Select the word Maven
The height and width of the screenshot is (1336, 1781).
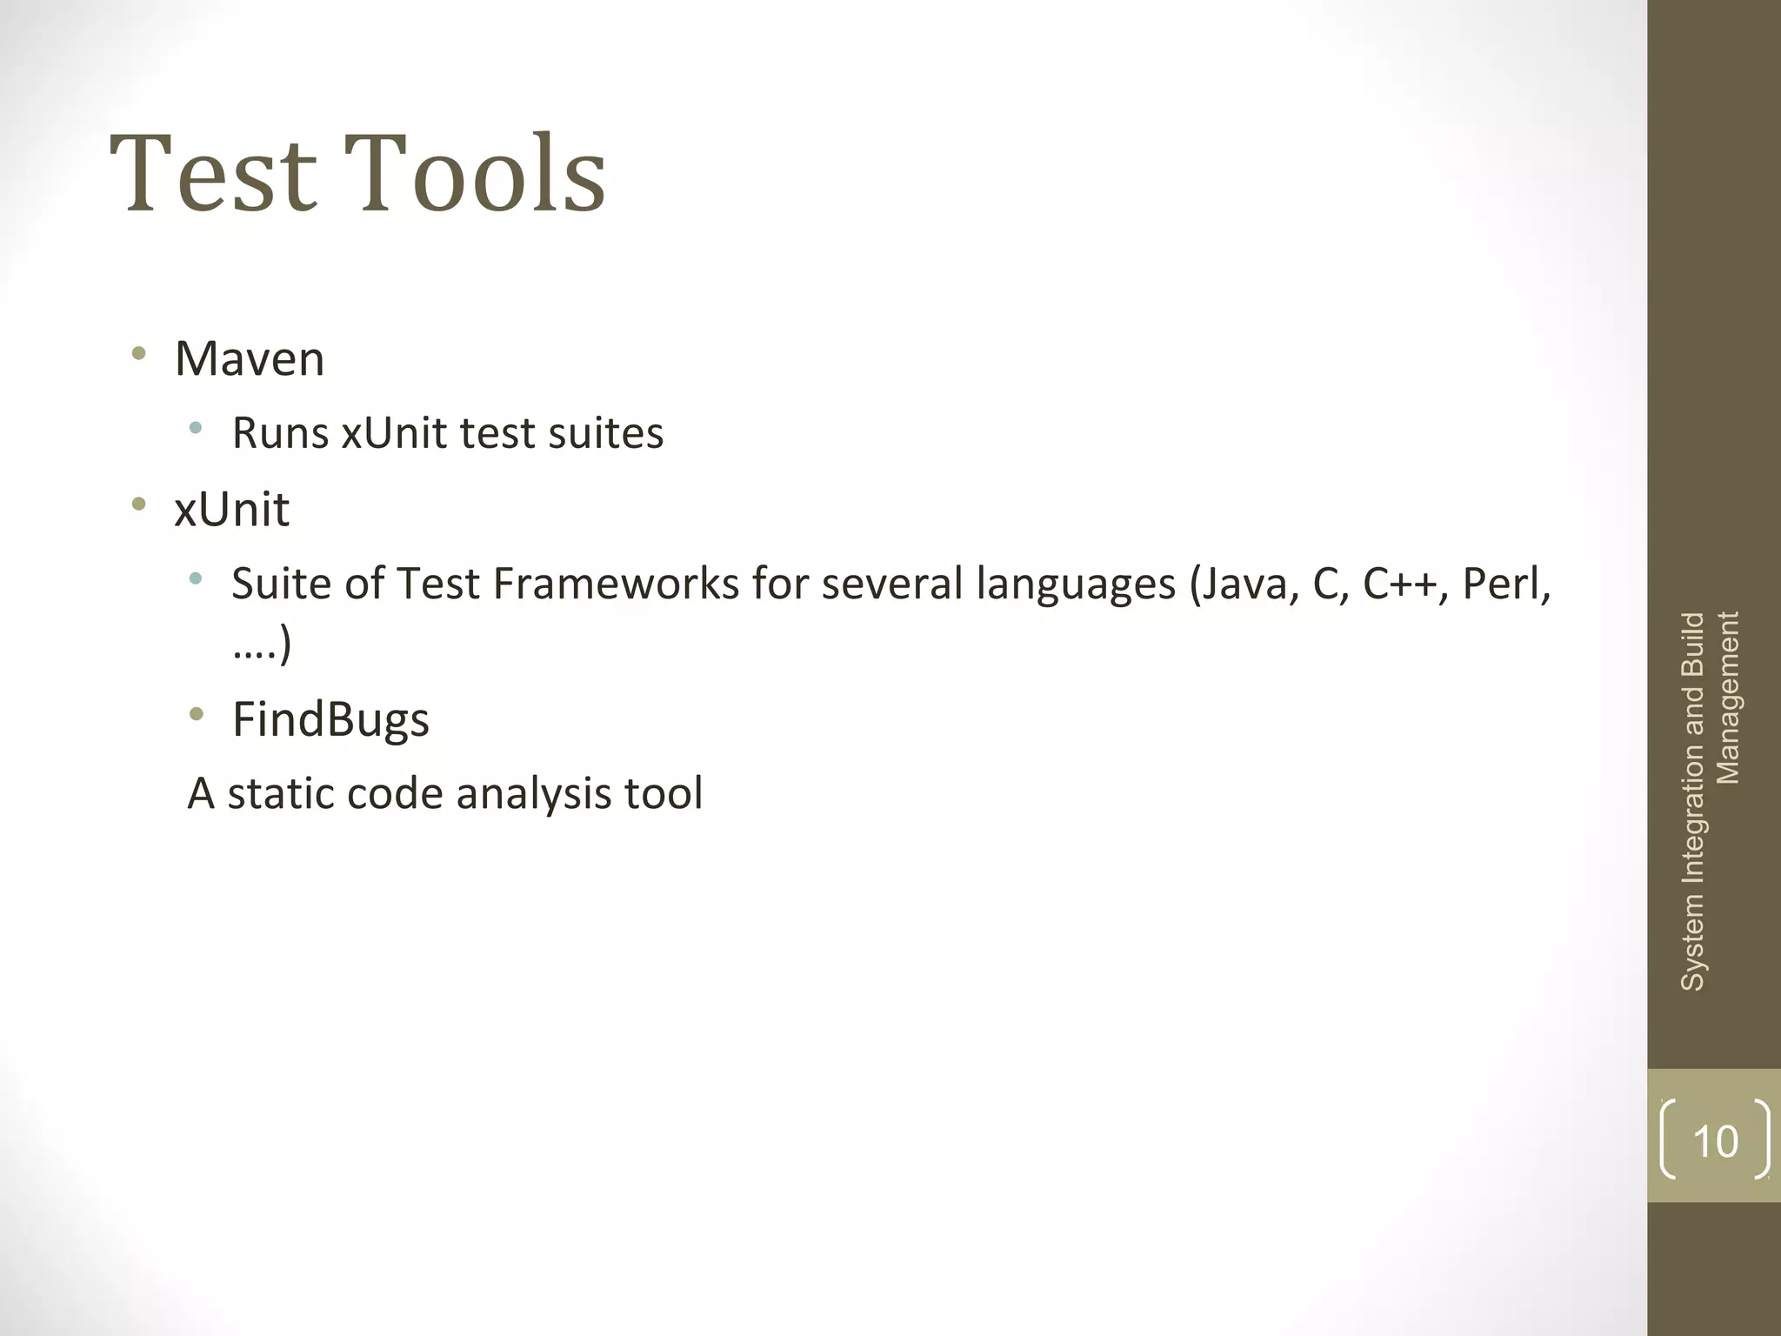pyautogui.click(x=250, y=358)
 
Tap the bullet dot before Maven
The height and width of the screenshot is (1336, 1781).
pyautogui.click(x=138, y=354)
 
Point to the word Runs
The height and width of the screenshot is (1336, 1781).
pyautogui.click(x=280, y=433)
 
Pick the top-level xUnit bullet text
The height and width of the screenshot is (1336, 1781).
pyautogui.click(x=231, y=509)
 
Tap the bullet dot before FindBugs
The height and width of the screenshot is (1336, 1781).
pyautogui.click(x=197, y=715)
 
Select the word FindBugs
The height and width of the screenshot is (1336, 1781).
pyautogui.click(x=330, y=719)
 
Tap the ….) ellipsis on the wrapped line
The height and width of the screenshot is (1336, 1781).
pyautogui.click(x=262, y=645)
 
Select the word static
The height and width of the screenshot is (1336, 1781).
pyautogui.click(x=280, y=793)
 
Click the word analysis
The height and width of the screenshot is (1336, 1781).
pyautogui.click(x=533, y=793)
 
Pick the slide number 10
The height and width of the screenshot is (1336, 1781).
pyautogui.click(x=1715, y=1141)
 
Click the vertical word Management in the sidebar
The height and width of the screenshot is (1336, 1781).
pyautogui.click(x=1727, y=698)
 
